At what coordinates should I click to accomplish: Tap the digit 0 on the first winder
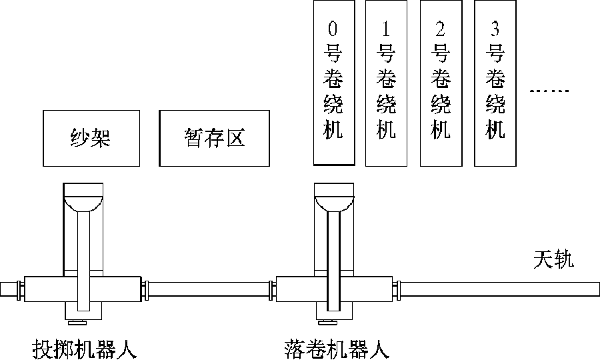click(x=333, y=29)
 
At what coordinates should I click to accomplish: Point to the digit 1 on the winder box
click(x=386, y=29)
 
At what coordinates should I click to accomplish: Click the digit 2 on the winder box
click(x=440, y=29)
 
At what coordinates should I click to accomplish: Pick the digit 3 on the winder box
click(x=495, y=29)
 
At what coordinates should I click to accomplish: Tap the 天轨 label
click(x=553, y=259)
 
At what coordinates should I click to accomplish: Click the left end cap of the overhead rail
click(x=8, y=289)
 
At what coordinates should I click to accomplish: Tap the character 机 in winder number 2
click(x=440, y=129)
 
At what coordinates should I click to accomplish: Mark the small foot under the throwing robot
click(x=83, y=324)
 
